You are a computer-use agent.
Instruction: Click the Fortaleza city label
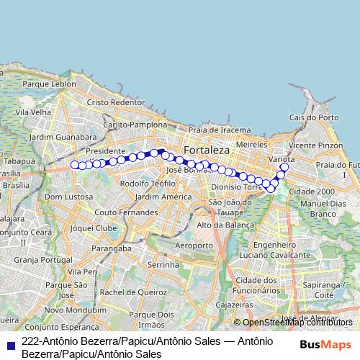pos(207,150)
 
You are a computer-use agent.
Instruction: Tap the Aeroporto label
pos(194,246)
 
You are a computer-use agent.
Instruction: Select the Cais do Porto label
pos(313,117)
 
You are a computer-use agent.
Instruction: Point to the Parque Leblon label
pos(49,84)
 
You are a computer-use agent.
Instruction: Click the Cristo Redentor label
pos(116,102)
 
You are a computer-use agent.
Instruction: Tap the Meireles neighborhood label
pos(252,145)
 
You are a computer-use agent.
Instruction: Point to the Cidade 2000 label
pos(311,192)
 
